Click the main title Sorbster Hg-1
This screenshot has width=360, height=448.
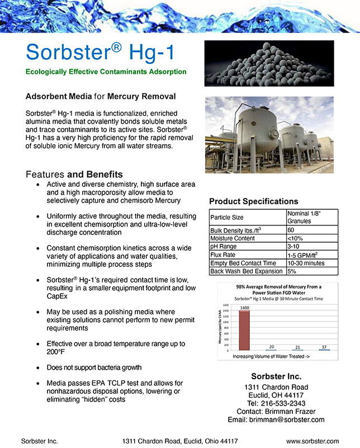pos(100,52)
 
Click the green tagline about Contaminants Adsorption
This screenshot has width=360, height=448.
pos(106,72)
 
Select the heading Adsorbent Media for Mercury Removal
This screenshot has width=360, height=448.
pos(101,97)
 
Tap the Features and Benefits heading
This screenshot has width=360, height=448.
pos(74,174)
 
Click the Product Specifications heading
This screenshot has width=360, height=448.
pos(253,201)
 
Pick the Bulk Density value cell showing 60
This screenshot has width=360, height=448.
pos(291,230)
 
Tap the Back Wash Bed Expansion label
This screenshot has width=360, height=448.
pos(245,271)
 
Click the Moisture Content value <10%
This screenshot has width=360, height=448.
pos(295,238)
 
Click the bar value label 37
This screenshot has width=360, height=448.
pos(324,347)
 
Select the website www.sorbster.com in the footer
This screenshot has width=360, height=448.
pos(312,441)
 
